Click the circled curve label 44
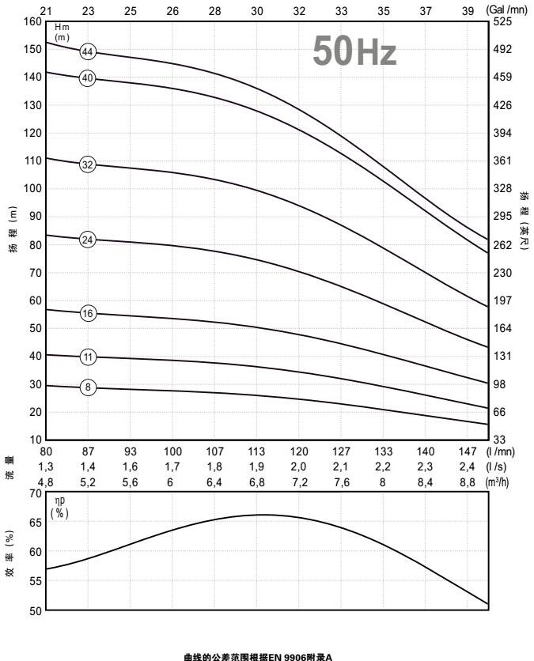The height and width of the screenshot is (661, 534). pos(88,52)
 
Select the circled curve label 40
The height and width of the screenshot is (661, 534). pos(88,78)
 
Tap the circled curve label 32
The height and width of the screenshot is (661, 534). pos(88,165)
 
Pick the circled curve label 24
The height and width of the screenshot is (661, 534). pos(88,240)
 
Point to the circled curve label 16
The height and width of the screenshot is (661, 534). pos(88,314)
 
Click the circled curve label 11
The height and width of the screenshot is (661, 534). pos(88,357)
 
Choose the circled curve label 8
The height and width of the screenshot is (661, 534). pos(88,387)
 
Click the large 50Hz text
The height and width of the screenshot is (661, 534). pos(354,51)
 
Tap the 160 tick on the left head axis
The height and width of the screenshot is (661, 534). pos(32,21)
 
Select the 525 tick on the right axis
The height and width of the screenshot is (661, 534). pos(502,21)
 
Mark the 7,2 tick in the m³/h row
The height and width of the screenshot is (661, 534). pos(299,482)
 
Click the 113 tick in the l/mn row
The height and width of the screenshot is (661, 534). pos(257,452)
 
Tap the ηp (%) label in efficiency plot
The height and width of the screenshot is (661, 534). pos(60,507)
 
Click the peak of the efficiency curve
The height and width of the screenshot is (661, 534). pos(261,515)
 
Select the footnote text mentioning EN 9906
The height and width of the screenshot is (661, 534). pos(258,656)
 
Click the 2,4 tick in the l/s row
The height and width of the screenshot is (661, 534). pos(468,466)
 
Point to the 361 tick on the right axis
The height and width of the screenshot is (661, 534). pos(502,161)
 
